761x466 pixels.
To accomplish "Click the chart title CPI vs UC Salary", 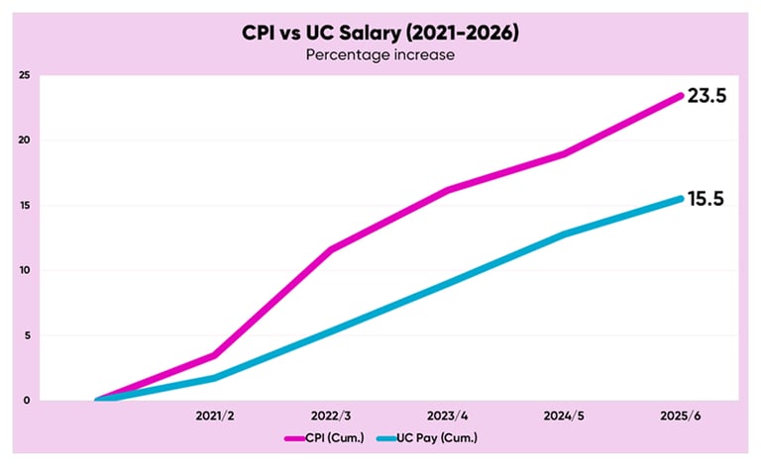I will pyautogui.click(x=380, y=33).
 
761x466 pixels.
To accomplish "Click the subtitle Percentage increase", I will pyautogui.click(x=380, y=55).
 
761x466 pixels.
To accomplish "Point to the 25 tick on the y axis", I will pyautogui.click(x=24, y=76).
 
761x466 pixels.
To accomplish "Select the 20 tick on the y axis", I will pyautogui.click(x=24, y=140).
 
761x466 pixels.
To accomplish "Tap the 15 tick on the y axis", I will pyautogui.click(x=24, y=206).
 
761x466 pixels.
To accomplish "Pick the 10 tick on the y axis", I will pyautogui.click(x=24, y=270).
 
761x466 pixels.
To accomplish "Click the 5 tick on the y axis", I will pyautogui.click(x=27, y=335).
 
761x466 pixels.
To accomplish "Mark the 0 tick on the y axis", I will pyautogui.click(x=27, y=400).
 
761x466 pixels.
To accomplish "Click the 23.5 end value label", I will pyautogui.click(x=707, y=97).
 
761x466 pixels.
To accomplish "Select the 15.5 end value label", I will pyautogui.click(x=707, y=199).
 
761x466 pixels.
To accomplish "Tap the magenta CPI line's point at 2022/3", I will pyautogui.click(x=330, y=249).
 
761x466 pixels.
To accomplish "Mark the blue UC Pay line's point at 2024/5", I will pyautogui.click(x=564, y=234).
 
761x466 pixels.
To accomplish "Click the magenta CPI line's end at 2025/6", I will pyautogui.click(x=681, y=95).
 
